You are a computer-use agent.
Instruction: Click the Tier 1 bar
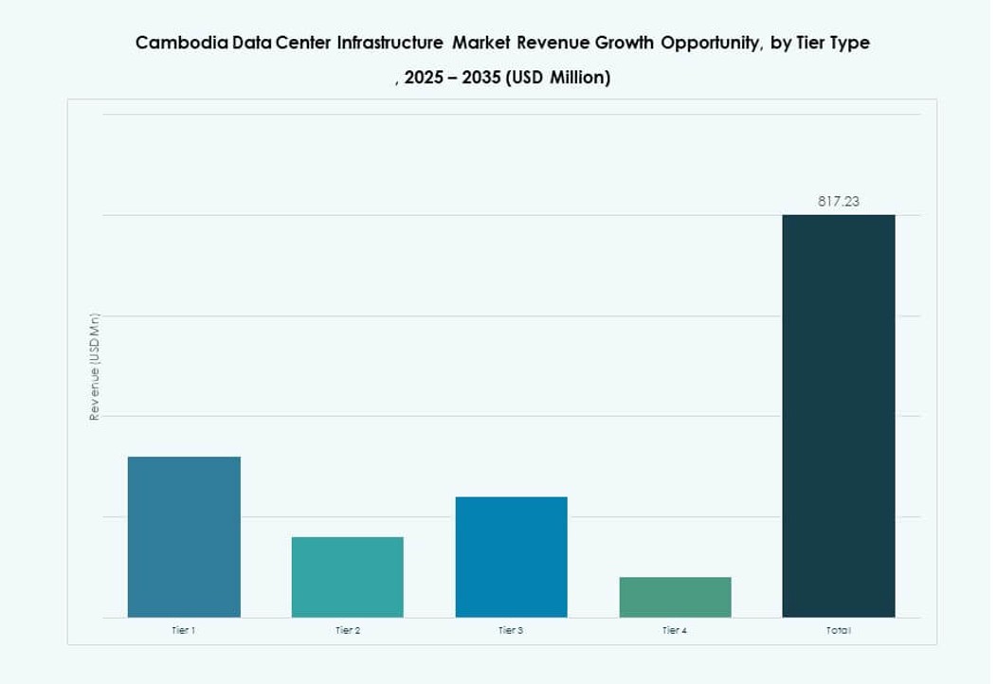pos(184,536)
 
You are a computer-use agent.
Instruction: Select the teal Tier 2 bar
pos(347,577)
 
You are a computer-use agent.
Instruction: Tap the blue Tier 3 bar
pos(511,557)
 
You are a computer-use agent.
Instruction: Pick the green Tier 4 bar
pos(675,597)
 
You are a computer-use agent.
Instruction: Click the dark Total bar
pos(838,416)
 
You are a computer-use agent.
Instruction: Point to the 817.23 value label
pos(838,201)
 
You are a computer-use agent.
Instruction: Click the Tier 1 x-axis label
pos(184,630)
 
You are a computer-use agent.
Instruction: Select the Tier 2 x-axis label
pos(347,630)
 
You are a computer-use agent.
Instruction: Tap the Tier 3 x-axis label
pos(511,630)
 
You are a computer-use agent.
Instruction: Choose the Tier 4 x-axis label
pos(675,630)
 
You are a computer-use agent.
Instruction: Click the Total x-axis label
pos(838,630)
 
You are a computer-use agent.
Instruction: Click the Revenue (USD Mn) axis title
pos(94,367)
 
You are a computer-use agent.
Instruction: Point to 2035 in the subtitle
pos(478,79)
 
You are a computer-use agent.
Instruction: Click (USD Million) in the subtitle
pos(557,79)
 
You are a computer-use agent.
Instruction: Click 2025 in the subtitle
pos(424,79)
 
